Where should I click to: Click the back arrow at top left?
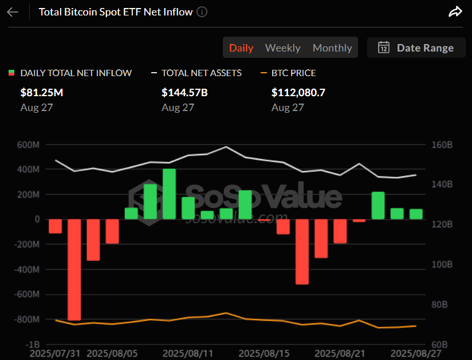(13, 12)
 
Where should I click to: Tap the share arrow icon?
(455, 12)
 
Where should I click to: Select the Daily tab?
(241, 48)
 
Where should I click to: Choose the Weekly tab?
(283, 48)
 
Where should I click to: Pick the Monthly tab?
(332, 48)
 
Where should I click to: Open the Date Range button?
(416, 48)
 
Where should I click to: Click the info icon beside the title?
(202, 12)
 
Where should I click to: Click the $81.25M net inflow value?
(42, 92)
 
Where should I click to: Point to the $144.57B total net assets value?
(184, 92)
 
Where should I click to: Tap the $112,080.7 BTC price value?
(298, 92)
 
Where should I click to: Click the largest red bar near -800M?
(74, 269)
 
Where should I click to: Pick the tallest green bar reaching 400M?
(169, 194)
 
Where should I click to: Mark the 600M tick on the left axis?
(28, 145)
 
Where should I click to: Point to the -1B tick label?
(32, 345)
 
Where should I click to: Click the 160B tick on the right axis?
(442, 145)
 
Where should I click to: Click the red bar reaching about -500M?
(302, 251)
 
